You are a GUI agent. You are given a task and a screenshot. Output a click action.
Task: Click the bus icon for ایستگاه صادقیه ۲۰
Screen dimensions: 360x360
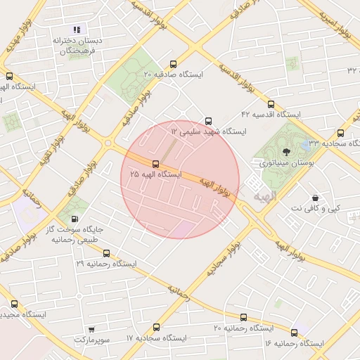[174, 64]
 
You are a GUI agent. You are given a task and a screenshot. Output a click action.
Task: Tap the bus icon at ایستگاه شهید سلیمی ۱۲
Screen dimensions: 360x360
[207, 121]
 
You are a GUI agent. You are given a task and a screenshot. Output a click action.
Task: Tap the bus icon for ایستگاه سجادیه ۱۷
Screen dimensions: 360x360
[156, 327]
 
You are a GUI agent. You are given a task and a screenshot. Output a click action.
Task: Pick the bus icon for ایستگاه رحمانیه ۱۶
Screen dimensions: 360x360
[294, 332]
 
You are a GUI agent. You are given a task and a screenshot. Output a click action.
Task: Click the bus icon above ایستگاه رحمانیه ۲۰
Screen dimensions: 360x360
[243, 318]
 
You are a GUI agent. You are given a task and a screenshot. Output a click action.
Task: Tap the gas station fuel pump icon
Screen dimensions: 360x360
[75, 219]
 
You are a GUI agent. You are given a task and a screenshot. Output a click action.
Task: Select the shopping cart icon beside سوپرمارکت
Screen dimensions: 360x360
[91, 329]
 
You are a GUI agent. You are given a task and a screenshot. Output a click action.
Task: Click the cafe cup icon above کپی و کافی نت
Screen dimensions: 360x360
[314, 198]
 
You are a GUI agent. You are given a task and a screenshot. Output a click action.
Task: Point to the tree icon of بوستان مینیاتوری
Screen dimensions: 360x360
[285, 151]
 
